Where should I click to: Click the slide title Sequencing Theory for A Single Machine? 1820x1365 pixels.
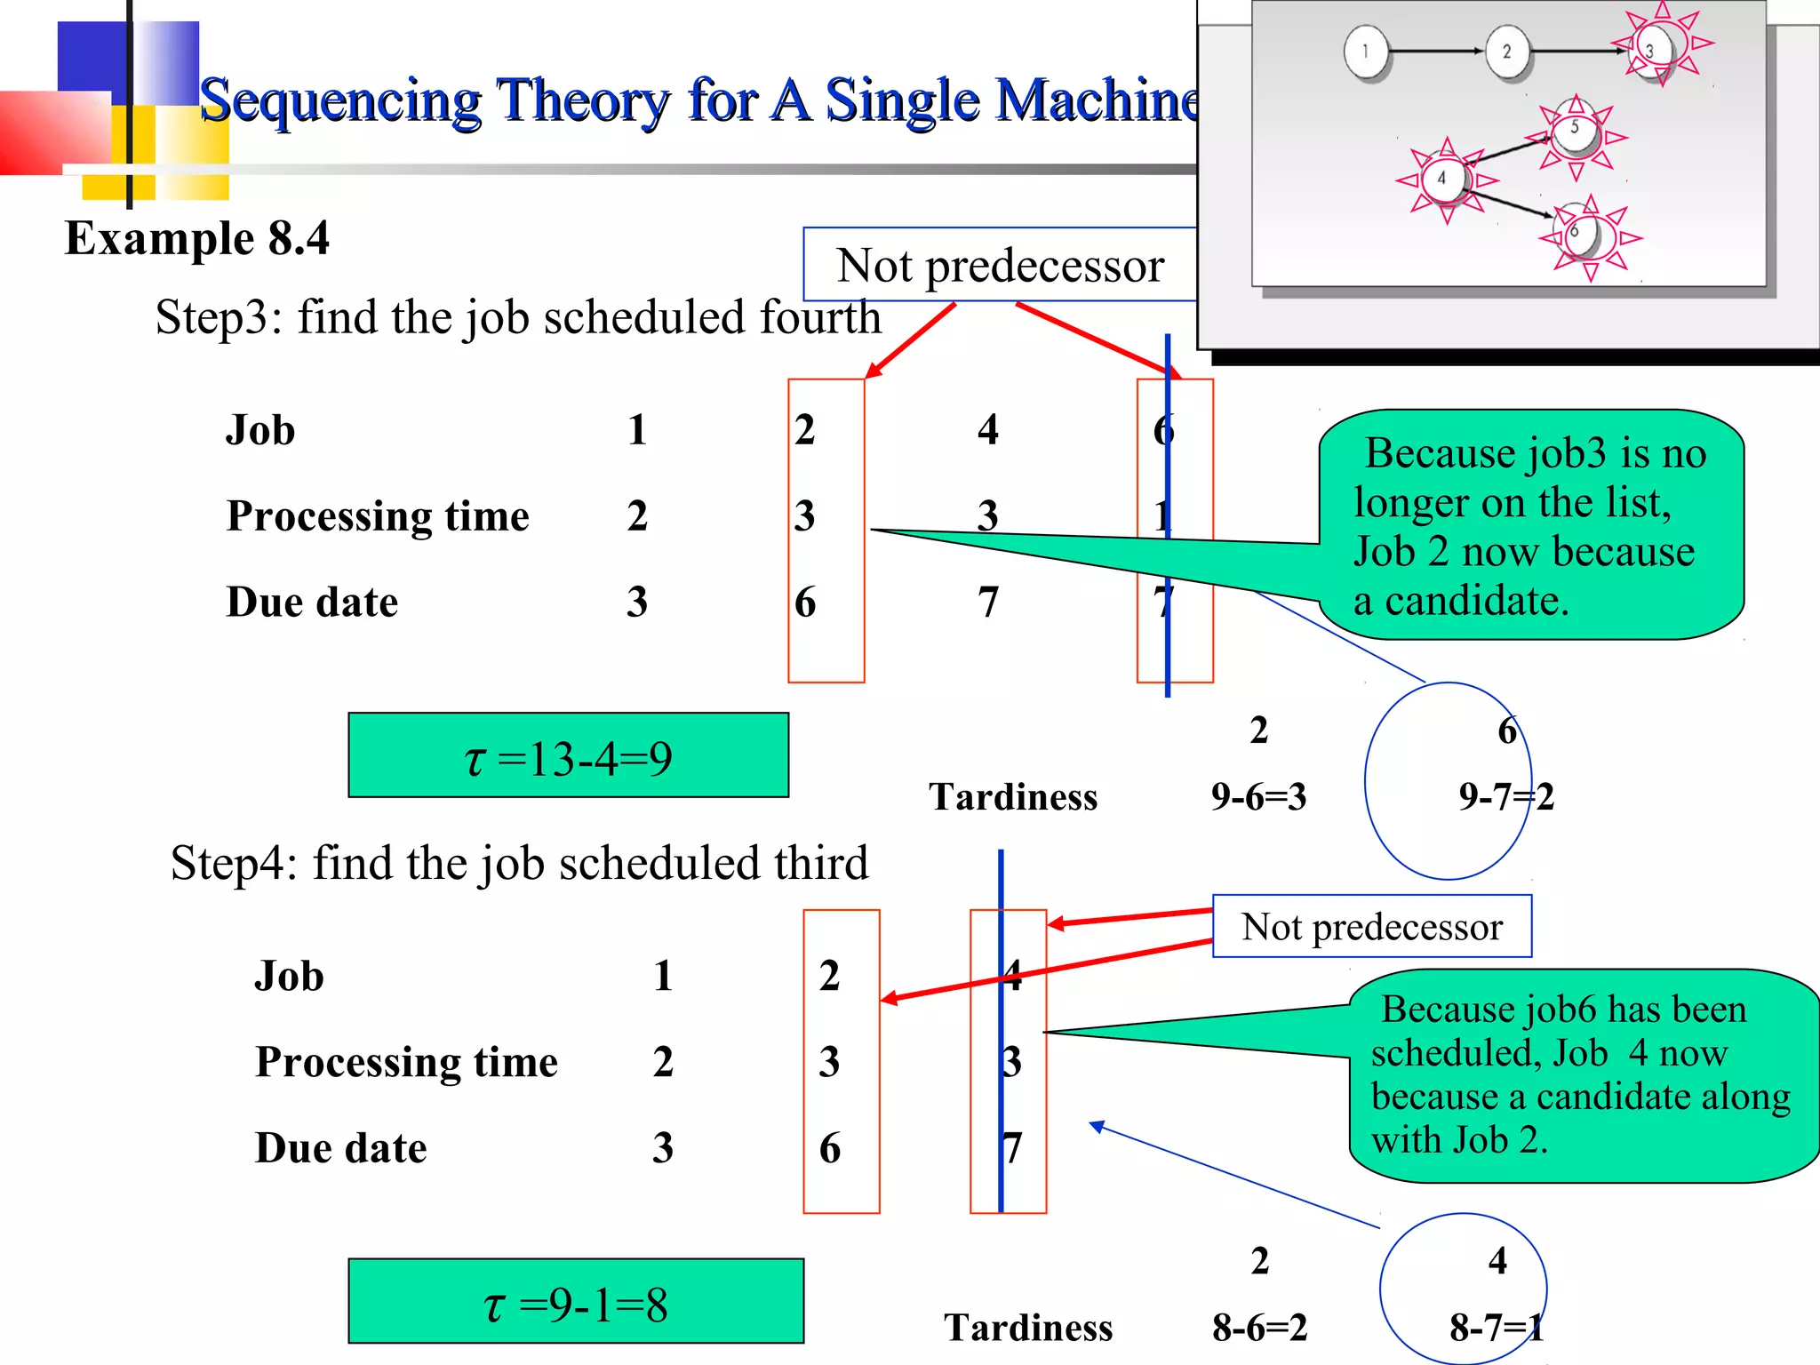[x=698, y=100]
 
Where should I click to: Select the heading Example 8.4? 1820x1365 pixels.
[x=196, y=238]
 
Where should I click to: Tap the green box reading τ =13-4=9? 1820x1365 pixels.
[x=568, y=755]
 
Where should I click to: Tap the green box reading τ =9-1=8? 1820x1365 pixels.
[x=575, y=1301]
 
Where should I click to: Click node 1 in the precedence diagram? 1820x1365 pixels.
[x=1366, y=52]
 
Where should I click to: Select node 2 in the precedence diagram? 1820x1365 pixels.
[x=1506, y=52]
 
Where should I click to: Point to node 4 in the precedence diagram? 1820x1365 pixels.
[x=1441, y=179]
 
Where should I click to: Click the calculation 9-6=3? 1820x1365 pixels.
[x=1258, y=797]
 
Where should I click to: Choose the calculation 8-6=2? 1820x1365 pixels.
[x=1259, y=1328]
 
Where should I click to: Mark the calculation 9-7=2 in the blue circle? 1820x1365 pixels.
[x=1505, y=797]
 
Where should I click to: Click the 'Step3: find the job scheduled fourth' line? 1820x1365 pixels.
[x=518, y=317]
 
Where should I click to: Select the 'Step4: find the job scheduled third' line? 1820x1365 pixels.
[x=519, y=863]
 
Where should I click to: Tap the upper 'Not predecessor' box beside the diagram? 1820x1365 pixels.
[x=1000, y=265]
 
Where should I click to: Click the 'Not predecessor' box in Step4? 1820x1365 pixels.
[x=1371, y=927]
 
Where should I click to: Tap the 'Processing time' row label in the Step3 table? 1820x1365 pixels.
[x=378, y=516]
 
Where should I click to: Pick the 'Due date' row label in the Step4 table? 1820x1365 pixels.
[x=340, y=1148]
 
